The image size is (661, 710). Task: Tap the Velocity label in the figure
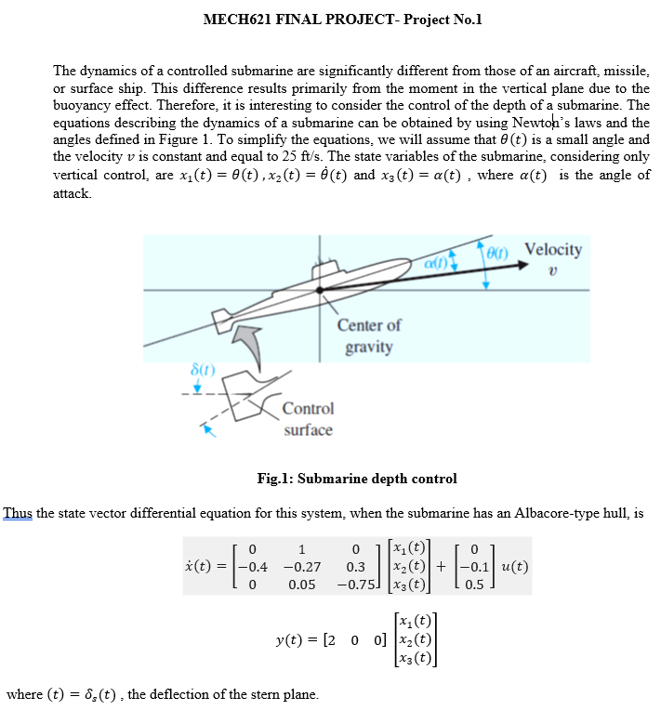pyautogui.click(x=553, y=249)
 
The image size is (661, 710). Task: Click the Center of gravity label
pyautogui.click(x=369, y=335)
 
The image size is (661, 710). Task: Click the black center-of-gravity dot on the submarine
pyautogui.click(x=320, y=290)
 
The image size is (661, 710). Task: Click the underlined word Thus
pyautogui.click(x=18, y=513)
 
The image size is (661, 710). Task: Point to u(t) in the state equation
pyautogui.click(x=516, y=566)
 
